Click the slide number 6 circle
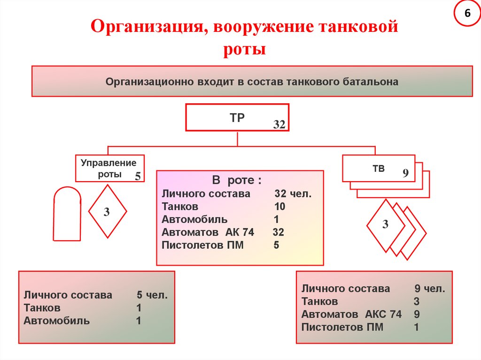467,14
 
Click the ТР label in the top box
237,117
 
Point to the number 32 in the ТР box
279,124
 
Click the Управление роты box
109,168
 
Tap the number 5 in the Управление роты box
138,176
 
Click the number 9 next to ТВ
406,174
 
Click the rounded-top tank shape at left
67,214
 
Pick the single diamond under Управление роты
107,212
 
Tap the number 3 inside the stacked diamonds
385,224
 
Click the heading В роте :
237,181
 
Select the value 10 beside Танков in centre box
280,207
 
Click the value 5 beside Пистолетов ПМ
276,245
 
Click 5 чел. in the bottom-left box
152,295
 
